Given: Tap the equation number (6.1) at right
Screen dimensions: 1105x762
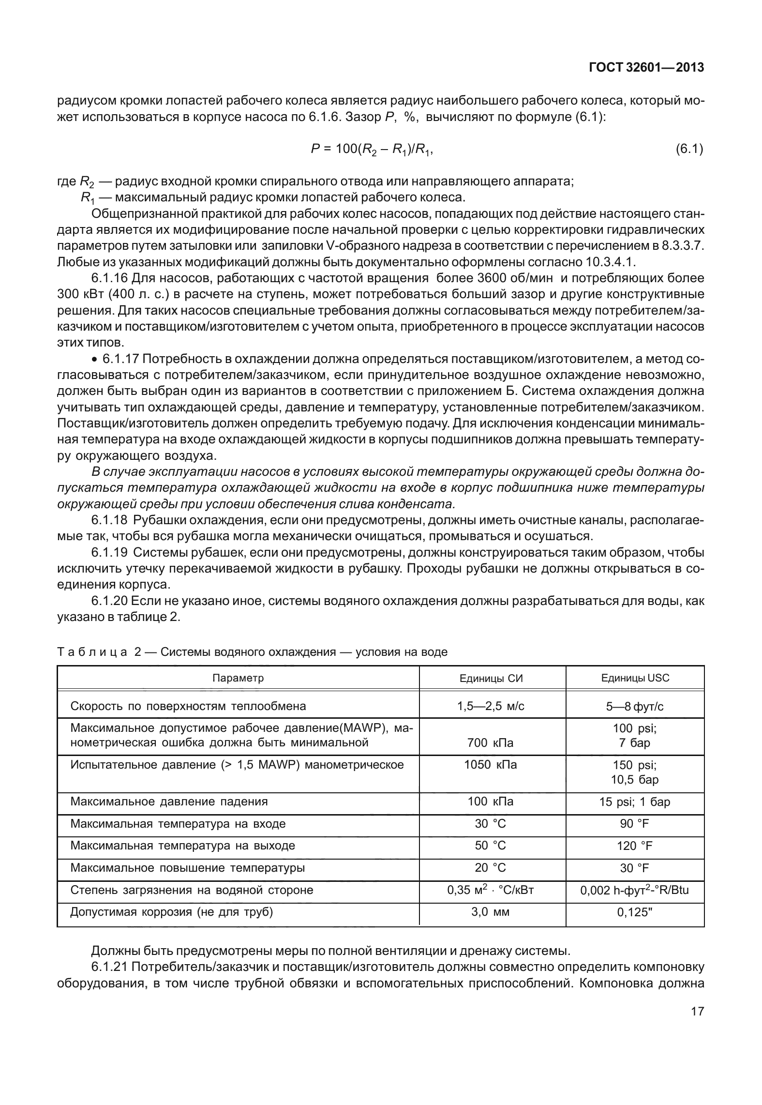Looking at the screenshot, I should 689,149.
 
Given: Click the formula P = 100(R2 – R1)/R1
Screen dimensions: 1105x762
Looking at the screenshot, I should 371,150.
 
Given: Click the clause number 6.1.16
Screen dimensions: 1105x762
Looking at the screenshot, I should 109,278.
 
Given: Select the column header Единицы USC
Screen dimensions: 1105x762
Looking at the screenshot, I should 635,678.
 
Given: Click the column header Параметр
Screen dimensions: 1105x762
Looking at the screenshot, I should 238,678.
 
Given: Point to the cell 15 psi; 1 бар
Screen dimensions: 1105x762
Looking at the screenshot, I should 635,802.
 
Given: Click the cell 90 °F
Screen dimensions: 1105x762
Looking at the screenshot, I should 635,824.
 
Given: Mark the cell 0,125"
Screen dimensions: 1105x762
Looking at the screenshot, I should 635,913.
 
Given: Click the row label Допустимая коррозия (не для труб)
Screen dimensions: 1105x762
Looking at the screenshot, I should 172,912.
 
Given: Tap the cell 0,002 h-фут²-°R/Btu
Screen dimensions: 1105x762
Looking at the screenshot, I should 635,891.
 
